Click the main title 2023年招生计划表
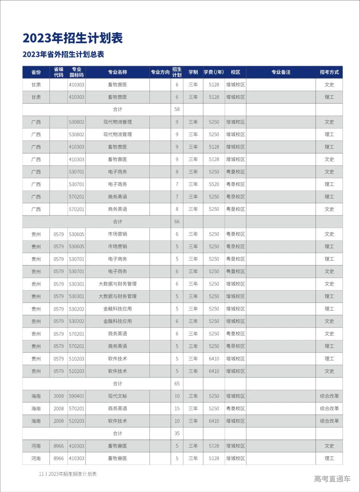coord(73,38)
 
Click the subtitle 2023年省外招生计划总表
coord(63,54)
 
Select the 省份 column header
coord(36,72)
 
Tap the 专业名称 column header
coord(117,72)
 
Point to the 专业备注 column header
coord(281,72)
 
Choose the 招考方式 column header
coord(329,72)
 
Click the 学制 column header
coord(193,72)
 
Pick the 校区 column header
coord(235,72)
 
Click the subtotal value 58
coord(177,109)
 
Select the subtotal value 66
coord(177,221)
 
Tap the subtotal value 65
coord(177,384)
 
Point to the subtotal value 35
coord(177,433)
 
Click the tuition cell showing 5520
coord(214,184)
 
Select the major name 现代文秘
coord(117,396)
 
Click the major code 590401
coord(76,396)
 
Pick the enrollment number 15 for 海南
coord(177,408)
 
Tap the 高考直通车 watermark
coord(332,479)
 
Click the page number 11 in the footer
coord(41,474)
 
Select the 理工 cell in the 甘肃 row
coord(329,97)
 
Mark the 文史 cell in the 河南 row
coord(329,446)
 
